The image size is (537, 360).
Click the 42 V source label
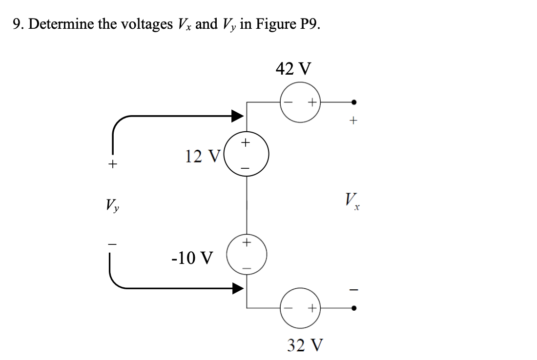[293, 68]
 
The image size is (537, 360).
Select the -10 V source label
[192, 257]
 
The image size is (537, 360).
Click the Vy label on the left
[113, 201]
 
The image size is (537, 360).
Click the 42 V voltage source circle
[300, 102]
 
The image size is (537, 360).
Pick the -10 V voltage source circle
[247, 255]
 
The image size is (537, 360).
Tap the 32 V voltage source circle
[300, 308]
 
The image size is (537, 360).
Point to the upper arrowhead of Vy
[237, 116]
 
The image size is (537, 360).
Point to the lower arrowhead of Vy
[237, 289]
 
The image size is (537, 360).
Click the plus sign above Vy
[113, 164]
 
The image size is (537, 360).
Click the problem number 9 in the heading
[17, 24]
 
